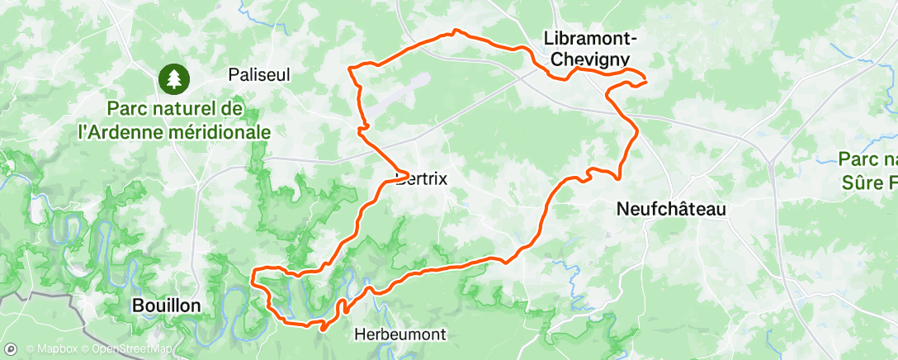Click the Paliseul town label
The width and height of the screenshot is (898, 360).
point(259,74)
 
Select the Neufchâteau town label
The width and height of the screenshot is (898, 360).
point(672,210)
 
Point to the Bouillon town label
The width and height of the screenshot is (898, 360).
point(166,306)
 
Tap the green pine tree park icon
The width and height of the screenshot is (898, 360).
point(175,79)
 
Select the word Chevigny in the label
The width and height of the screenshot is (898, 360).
point(588,59)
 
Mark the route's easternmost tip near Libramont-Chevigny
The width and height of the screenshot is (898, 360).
point(645,80)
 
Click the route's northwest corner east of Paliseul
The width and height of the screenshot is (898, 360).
point(351,67)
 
